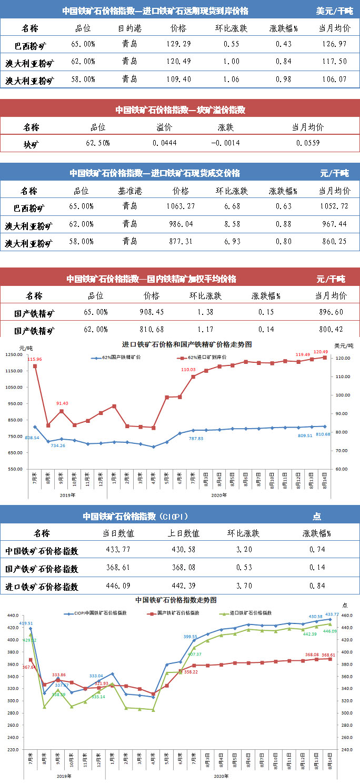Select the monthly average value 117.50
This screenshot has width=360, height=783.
click(x=334, y=62)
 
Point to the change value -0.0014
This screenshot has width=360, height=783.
click(x=226, y=143)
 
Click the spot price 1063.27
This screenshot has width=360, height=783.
click(x=180, y=206)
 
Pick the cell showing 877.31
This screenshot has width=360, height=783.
click(x=180, y=242)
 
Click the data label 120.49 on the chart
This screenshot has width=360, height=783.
click(x=321, y=352)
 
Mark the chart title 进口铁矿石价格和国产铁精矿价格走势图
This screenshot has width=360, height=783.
click(x=179, y=344)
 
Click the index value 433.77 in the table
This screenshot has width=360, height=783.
click(x=118, y=551)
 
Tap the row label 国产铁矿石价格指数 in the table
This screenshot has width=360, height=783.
click(x=42, y=569)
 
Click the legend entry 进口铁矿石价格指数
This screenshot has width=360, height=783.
click(x=250, y=613)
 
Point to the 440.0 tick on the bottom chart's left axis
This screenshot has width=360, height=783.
click(x=12, y=616)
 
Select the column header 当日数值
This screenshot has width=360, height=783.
click(x=118, y=533)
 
